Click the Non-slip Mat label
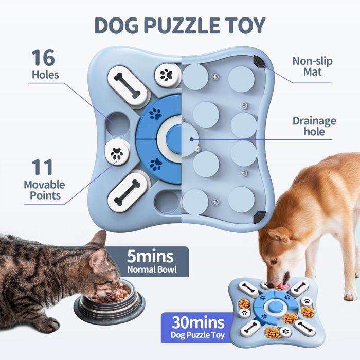coord(312,66)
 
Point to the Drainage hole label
coord(314,127)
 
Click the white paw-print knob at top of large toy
coord(166,74)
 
